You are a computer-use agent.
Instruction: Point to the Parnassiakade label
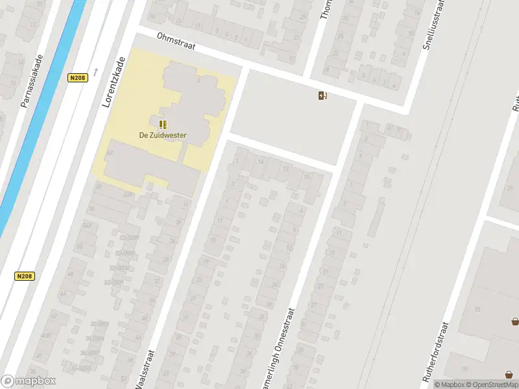point(34,81)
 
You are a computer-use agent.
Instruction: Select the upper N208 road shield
point(77,78)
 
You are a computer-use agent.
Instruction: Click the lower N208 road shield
point(24,276)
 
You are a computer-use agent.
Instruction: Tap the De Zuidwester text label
point(163,136)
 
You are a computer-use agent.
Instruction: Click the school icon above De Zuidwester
point(163,123)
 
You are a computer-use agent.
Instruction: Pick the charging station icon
point(322,96)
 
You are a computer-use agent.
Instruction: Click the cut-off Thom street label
point(326,10)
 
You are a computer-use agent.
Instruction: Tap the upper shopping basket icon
point(515,321)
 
